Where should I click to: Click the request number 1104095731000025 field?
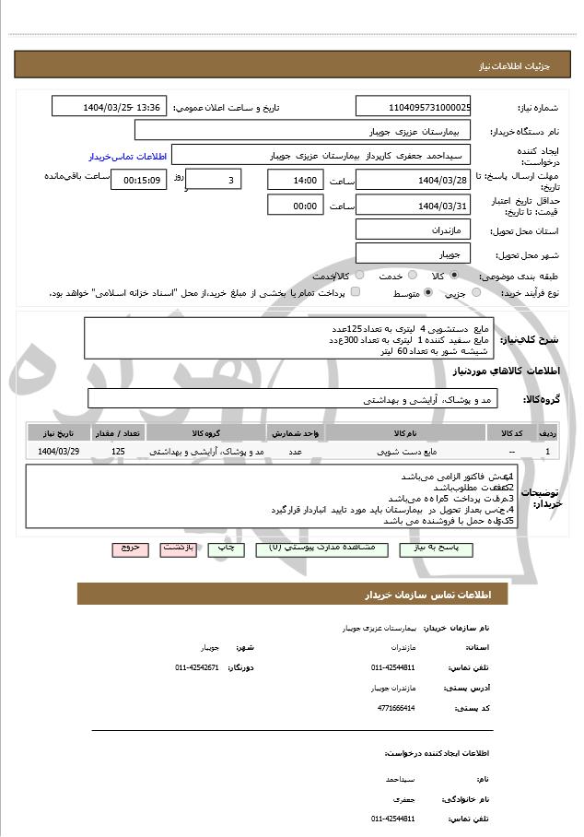click(x=413, y=107)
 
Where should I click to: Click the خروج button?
click(x=130, y=548)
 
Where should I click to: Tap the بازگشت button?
click(x=178, y=548)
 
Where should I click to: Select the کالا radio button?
click(x=454, y=276)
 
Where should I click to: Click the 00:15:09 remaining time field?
click(x=138, y=180)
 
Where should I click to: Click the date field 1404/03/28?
click(x=413, y=180)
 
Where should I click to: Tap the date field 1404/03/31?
click(x=413, y=206)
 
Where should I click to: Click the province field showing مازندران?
click(x=413, y=228)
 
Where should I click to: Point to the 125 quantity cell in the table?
click(x=118, y=452)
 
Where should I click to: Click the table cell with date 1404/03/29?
click(x=59, y=452)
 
